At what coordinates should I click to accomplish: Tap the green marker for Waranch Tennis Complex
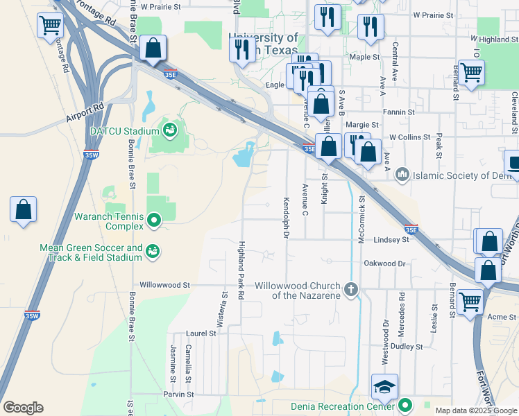click(154, 221)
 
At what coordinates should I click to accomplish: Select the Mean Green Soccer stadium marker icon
click(153, 252)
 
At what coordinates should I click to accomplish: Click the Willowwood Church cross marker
click(351, 289)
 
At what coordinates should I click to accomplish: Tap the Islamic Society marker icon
click(402, 173)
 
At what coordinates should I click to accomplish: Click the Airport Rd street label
click(85, 107)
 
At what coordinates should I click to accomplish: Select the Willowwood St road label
click(164, 285)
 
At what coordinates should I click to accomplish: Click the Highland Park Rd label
click(241, 270)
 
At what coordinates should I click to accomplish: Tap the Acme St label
click(504, 316)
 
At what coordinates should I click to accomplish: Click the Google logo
click(23, 408)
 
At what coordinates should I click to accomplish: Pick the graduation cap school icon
click(384, 387)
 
